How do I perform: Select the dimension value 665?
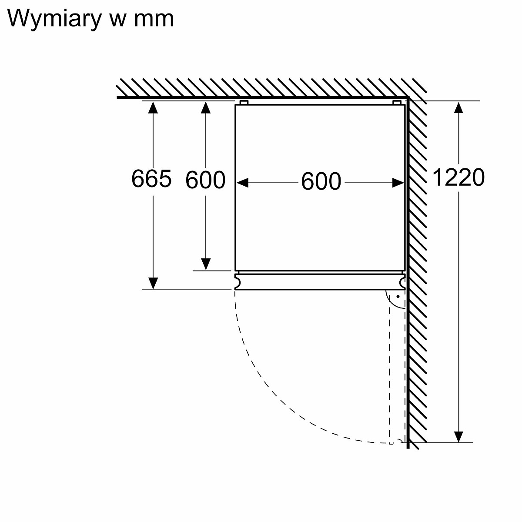click(x=151, y=178)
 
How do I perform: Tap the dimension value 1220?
click(x=458, y=177)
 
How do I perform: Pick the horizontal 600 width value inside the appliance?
click(x=321, y=182)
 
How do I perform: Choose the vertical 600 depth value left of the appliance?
click(x=205, y=179)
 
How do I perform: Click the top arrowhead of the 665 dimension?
click(x=152, y=107)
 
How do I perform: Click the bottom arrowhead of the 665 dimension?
click(x=152, y=284)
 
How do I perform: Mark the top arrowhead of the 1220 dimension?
click(x=458, y=107)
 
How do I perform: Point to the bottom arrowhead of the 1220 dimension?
click(x=458, y=437)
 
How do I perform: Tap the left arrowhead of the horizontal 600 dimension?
click(x=242, y=183)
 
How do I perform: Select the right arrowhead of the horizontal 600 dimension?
click(x=398, y=183)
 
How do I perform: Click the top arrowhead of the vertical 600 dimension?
click(x=206, y=107)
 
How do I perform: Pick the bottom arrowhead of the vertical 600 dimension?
click(x=206, y=264)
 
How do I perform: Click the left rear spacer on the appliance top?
click(x=244, y=103)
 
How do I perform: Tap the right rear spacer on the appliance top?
click(x=397, y=103)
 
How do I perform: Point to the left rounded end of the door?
click(x=237, y=282)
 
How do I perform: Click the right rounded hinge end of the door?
click(x=402, y=282)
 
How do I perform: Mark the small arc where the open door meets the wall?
click(x=399, y=442)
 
